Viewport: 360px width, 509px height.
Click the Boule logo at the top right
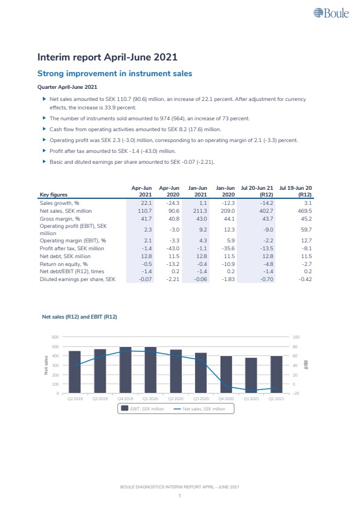[x=331, y=13]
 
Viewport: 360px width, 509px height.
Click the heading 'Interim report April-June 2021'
[x=108, y=57]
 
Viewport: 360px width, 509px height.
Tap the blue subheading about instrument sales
[x=115, y=74]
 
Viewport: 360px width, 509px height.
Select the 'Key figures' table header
[x=54, y=195]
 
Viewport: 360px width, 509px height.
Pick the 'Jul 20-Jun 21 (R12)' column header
[x=257, y=191]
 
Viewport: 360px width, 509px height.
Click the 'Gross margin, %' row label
[x=60, y=219]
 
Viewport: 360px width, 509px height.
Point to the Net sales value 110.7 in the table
[x=144, y=211]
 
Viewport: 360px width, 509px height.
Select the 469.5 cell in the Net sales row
[x=304, y=211]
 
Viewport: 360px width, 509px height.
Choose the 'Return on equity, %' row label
[x=63, y=264]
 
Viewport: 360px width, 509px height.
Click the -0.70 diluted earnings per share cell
[x=266, y=279]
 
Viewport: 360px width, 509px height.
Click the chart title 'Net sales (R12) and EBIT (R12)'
[x=80, y=317]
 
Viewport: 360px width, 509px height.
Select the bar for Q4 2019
[x=126, y=370]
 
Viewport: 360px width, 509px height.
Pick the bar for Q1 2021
[x=251, y=375]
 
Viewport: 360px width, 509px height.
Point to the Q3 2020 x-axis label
[x=201, y=398]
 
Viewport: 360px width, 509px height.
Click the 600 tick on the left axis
[x=56, y=337]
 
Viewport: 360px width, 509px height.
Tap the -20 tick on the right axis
[x=296, y=393]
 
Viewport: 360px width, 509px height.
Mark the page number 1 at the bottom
[x=179, y=496]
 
